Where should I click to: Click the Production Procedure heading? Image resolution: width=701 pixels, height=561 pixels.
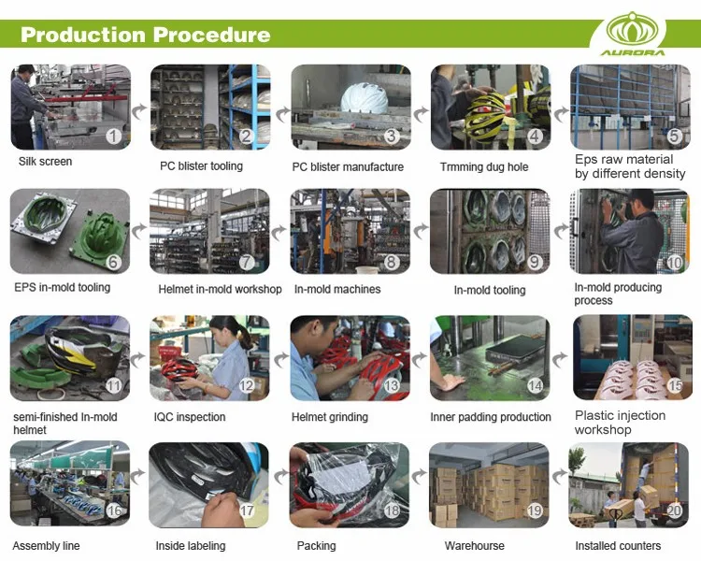(x=145, y=36)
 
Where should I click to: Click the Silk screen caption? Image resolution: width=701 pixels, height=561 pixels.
(x=45, y=162)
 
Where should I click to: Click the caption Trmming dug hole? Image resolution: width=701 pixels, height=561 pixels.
(x=483, y=167)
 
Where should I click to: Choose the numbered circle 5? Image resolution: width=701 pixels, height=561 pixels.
(x=674, y=137)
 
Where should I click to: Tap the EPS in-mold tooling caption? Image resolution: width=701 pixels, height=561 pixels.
(x=63, y=287)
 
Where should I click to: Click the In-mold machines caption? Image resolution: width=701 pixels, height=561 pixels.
(x=337, y=289)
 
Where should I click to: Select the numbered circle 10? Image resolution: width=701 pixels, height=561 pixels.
(x=674, y=263)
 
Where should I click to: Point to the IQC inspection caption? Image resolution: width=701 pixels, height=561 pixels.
(x=189, y=417)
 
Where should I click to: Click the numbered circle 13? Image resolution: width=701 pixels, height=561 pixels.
(x=392, y=386)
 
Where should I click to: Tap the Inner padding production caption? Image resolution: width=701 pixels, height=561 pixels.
(x=491, y=417)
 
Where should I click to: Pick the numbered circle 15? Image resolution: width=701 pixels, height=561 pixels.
(x=674, y=386)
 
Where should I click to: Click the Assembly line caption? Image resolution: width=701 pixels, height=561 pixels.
(x=46, y=546)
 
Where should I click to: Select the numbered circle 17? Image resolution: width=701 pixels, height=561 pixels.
(x=248, y=511)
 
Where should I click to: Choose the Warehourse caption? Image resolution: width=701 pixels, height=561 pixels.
(x=474, y=546)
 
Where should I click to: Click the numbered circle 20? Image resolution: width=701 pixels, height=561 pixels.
(x=674, y=511)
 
